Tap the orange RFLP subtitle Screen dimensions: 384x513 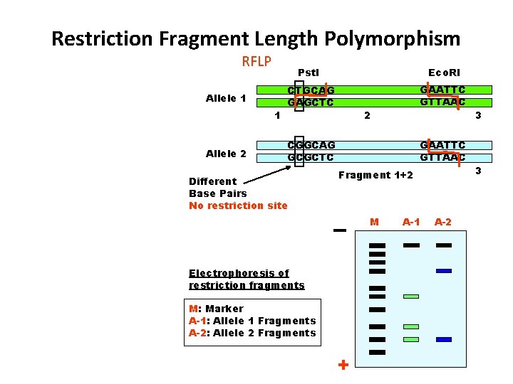click(256, 61)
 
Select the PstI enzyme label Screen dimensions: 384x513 click(308, 73)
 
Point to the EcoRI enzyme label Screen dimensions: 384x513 click(444, 73)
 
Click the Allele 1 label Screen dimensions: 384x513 click(226, 98)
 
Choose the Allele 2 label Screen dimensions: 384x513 click(226, 154)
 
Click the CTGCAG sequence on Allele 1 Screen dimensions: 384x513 click(311, 90)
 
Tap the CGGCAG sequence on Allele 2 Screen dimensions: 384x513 click(311, 145)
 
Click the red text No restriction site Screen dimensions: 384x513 click(238, 206)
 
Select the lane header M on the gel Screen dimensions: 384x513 click(375, 223)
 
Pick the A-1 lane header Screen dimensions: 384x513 click(411, 223)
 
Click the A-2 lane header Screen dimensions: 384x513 click(443, 223)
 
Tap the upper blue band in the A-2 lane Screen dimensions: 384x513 click(444, 270)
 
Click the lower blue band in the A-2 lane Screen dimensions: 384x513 click(444, 339)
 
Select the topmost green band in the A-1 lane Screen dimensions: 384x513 click(411, 296)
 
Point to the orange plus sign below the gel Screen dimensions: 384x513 click(343, 365)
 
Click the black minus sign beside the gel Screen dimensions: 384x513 click(339, 230)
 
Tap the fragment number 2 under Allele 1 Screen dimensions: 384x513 click(366, 115)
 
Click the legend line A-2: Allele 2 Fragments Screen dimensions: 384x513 click(252, 333)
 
